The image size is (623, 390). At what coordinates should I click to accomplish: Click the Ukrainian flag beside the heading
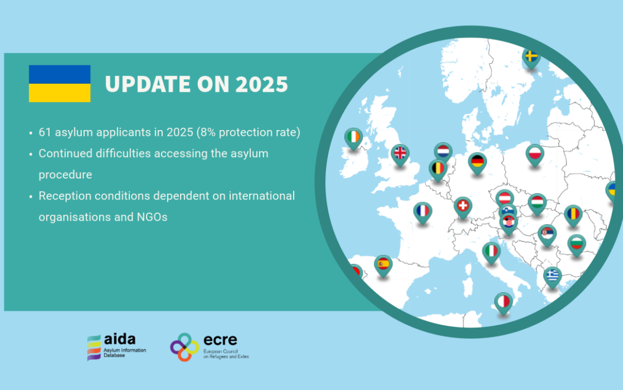(59, 84)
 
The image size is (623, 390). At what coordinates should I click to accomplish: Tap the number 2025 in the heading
(261, 84)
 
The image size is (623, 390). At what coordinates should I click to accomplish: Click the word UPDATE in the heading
(148, 84)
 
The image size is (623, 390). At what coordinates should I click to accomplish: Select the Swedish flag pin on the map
(531, 58)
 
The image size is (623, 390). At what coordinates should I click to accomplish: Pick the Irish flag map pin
(354, 138)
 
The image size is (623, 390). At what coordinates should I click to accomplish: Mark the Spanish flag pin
(382, 265)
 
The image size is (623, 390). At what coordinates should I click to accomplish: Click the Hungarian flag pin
(537, 203)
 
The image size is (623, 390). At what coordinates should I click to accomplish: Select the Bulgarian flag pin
(576, 244)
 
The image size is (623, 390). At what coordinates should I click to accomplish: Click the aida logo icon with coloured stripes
(93, 347)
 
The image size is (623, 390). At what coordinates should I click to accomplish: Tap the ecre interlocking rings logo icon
(185, 347)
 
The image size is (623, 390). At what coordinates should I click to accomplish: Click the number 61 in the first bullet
(45, 132)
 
